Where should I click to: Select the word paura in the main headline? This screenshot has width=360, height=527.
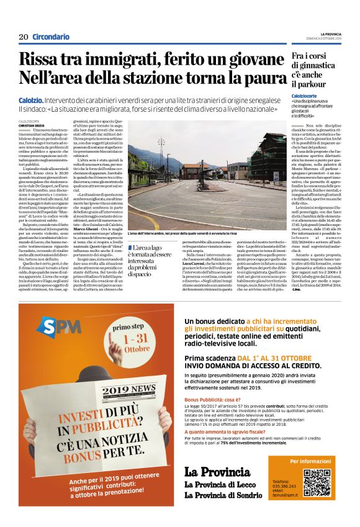(258, 78)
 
